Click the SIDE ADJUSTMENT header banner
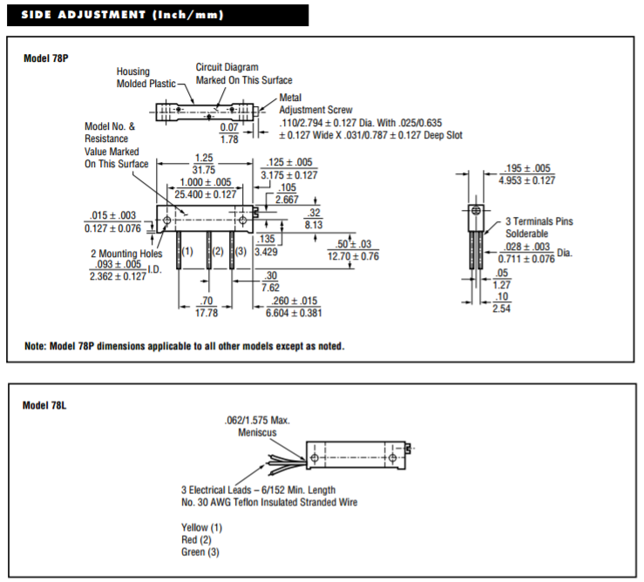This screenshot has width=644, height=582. coord(157,15)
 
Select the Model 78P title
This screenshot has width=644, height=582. coord(44,58)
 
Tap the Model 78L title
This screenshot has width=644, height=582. coord(44,405)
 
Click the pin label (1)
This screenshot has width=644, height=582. coord(186,252)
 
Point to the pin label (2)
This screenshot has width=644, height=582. coord(218,252)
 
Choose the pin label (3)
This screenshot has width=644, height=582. coord(241,252)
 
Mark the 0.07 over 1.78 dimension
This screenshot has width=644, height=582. coord(229,133)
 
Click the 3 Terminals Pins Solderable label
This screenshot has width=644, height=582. coord(539,227)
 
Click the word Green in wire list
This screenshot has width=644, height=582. coord(193,552)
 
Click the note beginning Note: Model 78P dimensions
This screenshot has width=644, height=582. coord(184,346)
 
